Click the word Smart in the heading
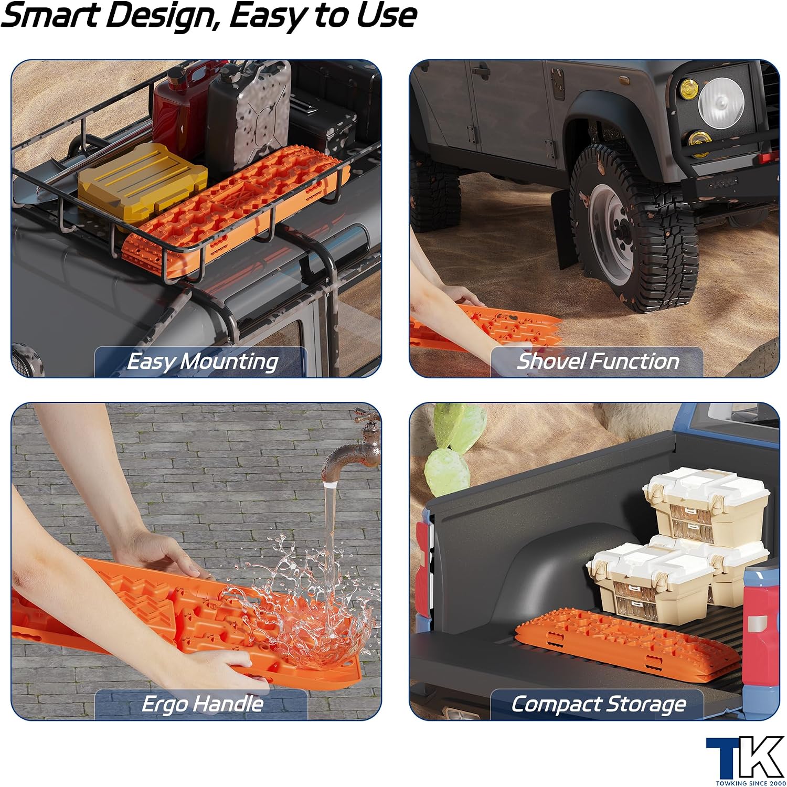tap(50, 15)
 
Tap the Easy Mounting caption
tap(203, 361)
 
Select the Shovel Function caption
tap(598, 361)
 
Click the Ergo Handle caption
tap(203, 704)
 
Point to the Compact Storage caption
tap(599, 704)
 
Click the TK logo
tap(745, 760)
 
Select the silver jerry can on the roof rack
tap(248, 115)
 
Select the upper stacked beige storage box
tap(706, 504)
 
